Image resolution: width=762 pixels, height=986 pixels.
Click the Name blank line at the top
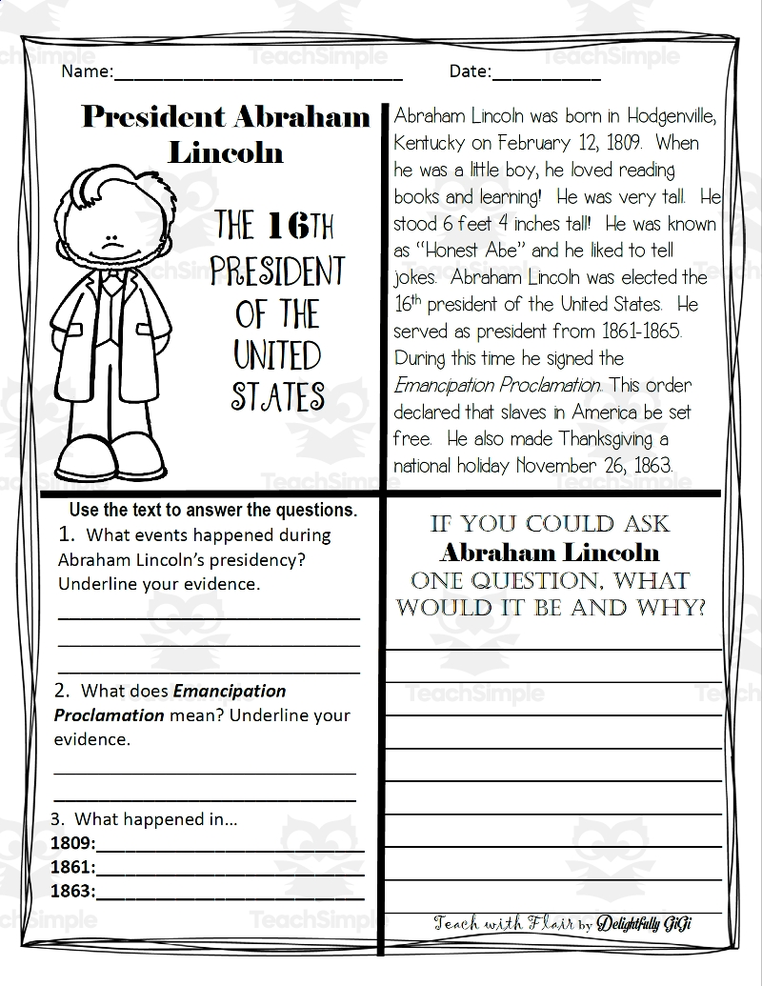pyautogui.click(x=257, y=76)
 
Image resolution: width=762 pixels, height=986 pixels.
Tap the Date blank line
pyautogui.click(x=547, y=76)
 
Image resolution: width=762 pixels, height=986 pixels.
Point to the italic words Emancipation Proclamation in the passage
pyautogui.click(x=497, y=386)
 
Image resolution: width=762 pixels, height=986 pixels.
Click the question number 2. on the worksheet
pyautogui.click(x=63, y=691)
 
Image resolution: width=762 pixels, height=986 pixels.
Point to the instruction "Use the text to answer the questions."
pyautogui.click(x=212, y=510)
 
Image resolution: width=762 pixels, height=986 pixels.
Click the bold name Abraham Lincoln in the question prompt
pyautogui.click(x=550, y=553)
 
